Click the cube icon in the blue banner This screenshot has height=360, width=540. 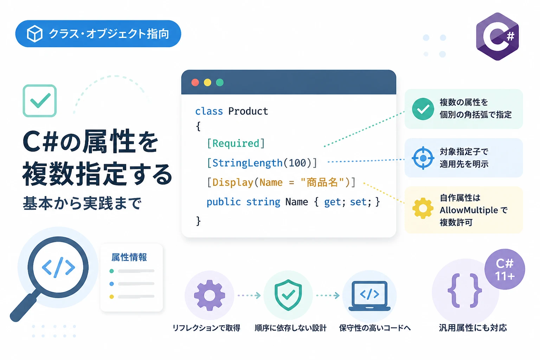(35, 33)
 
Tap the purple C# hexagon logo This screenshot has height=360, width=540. (497, 37)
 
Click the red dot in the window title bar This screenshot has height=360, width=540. (195, 83)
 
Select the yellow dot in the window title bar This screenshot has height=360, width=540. (207, 83)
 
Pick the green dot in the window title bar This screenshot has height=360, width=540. (220, 83)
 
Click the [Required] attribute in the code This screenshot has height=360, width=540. (236, 143)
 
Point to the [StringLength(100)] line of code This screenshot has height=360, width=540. (262, 163)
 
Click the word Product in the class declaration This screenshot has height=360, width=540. (248, 111)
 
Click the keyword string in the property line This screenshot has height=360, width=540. (263, 202)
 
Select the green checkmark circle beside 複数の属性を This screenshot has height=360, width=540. (423, 109)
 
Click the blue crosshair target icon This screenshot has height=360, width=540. (423, 158)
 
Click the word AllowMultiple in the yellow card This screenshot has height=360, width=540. (469, 210)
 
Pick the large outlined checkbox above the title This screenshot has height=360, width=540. (40, 101)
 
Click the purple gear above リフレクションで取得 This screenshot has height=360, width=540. (210, 295)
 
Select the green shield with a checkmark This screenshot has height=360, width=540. (288, 295)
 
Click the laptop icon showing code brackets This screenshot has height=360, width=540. (369, 296)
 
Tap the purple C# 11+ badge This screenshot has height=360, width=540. (505, 269)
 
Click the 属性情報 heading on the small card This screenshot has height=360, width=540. (129, 257)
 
